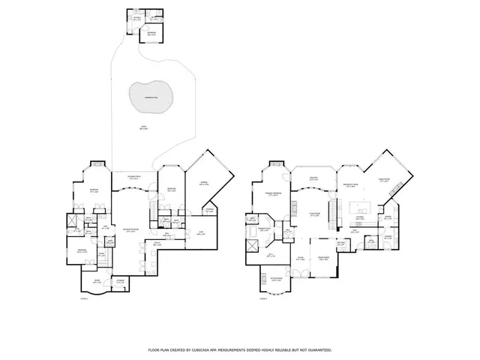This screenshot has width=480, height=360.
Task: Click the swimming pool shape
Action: pyautogui.click(x=152, y=95)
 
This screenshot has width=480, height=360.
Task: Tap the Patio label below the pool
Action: pyautogui.click(x=142, y=127)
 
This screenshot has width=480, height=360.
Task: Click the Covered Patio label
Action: pyautogui.click(x=135, y=177)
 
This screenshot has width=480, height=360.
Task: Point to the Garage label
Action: pyautogui.click(x=202, y=182)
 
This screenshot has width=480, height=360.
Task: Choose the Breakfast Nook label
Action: pyautogui.click(x=349, y=184)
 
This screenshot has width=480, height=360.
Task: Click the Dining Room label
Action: pyautogui.click(x=324, y=257)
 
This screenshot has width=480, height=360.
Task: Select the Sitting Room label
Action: pyautogui.click(x=340, y=242)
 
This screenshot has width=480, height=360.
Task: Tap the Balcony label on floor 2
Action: pyautogui.click(x=314, y=178)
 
